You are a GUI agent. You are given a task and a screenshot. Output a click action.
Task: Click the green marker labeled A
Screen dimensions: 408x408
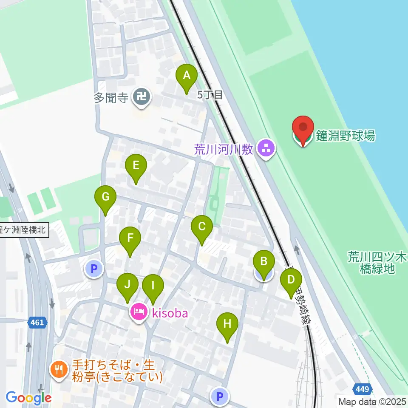186,76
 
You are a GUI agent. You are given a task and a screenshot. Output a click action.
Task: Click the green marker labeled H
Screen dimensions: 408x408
227,325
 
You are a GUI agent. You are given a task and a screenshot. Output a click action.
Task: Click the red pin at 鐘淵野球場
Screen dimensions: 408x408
303,128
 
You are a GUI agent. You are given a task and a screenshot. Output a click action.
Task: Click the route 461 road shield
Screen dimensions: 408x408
37,323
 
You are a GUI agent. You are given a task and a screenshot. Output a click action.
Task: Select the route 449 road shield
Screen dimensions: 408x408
363,388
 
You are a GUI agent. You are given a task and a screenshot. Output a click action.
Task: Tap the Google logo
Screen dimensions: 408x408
28,398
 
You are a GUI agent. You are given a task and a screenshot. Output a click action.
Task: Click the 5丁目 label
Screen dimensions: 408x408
210,95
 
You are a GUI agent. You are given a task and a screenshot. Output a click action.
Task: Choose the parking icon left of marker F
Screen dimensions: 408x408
94,269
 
